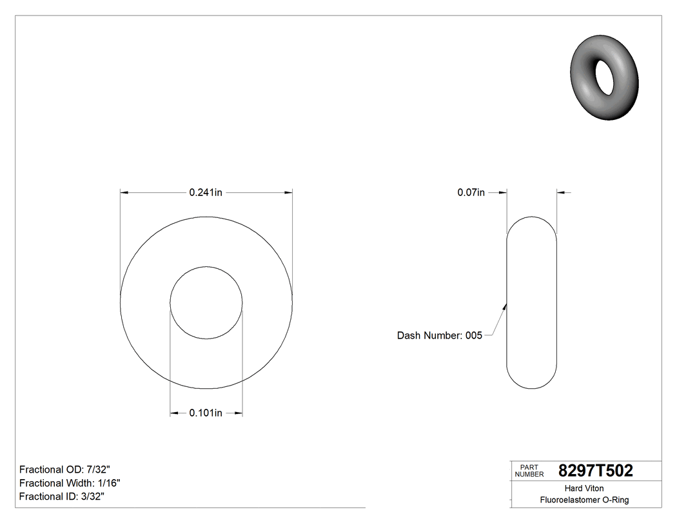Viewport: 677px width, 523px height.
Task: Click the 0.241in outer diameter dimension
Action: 206,192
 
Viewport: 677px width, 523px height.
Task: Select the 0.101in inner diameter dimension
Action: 206,413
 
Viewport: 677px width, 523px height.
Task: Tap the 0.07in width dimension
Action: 471,192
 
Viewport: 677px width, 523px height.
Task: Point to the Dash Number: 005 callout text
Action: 439,335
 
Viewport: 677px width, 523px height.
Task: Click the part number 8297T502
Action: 595,471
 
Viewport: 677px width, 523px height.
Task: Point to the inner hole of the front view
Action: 206,302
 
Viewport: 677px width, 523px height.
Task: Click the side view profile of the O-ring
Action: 531,302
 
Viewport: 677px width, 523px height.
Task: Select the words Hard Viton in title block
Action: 584,488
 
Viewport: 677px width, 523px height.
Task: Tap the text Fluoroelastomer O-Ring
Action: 584,500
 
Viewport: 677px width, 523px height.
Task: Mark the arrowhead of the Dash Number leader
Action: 505,307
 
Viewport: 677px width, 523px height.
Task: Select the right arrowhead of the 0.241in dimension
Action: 288,192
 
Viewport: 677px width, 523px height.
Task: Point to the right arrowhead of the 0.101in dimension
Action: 239,413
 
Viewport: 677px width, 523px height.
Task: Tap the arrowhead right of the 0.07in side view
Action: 560,192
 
